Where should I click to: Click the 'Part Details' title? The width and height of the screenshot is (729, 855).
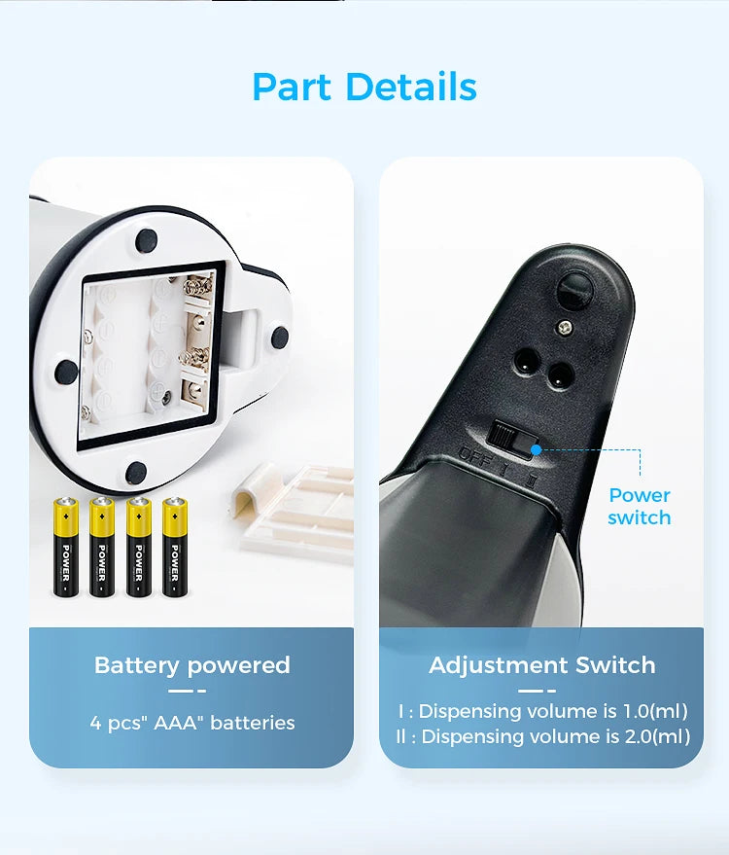tap(364, 87)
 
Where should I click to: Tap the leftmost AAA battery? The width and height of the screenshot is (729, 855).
tap(66, 546)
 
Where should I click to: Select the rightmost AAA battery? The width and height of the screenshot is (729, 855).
tap(175, 546)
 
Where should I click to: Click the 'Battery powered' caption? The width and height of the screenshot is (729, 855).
tap(191, 665)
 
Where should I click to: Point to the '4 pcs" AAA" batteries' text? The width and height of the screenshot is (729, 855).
tap(191, 723)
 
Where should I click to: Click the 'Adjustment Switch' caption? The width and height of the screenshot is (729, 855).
tap(541, 665)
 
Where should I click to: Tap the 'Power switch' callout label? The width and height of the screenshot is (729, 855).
tap(639, 507)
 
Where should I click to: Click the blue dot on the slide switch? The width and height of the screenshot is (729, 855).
tap(535, 449)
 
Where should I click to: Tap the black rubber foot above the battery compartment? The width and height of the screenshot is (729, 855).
tap(147, 237)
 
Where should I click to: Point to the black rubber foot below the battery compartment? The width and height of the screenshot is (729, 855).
tap(135, 473)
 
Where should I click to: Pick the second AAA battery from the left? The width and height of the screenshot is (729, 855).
tap(102, 546)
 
